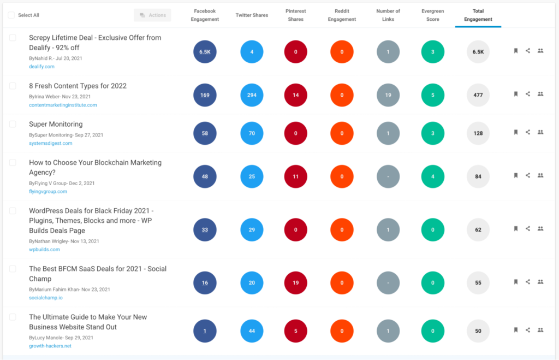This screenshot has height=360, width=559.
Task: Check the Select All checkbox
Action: [11, 15]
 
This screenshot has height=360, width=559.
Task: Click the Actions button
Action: [152, 15]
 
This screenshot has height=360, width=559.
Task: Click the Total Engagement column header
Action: [478, 15]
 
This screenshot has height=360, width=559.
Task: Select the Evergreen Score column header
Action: [432, 15]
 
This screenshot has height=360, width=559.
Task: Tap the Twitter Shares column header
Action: [252, 15]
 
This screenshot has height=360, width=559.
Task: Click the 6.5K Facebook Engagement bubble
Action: [205, 52]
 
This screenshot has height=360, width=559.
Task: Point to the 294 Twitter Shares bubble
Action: [252, 95]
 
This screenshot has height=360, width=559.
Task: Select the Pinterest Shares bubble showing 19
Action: [295, 282]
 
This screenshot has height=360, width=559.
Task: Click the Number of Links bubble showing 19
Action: [388, 95]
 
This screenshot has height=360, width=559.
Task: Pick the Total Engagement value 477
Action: [478, 95]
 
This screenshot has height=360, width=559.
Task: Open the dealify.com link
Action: [41, 67]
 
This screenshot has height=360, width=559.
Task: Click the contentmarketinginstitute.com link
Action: [63, 105]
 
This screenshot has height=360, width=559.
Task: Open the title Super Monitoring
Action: [56, 124]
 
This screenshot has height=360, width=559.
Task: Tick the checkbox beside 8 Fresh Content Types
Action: [13, 86]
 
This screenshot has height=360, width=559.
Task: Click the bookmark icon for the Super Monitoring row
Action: [515, 132]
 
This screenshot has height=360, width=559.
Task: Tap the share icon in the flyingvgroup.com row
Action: [528, 175]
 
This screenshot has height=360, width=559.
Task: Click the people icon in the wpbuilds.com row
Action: [540, 228]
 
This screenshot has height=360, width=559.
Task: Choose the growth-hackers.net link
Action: [50, 346]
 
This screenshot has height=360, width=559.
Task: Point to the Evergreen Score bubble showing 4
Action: [433, 176]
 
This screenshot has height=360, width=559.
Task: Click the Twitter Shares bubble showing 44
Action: [252, 331]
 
